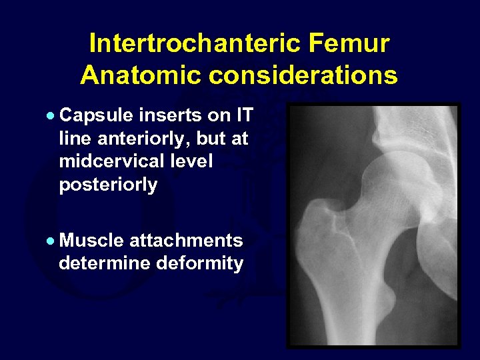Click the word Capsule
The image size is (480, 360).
point(97,116)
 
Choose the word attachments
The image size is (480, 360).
point(186,240)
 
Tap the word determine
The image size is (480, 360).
point(105,263)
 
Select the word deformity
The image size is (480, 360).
point(200,263)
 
